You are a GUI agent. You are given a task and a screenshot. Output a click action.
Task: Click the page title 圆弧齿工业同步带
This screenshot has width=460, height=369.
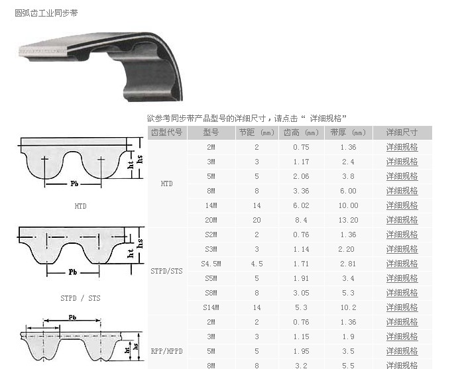(x=46, y=13)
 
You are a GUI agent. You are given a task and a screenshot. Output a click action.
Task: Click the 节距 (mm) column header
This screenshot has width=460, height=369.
(x=257, y=132)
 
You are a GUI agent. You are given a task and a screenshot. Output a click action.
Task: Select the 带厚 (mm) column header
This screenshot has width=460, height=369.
(x=348, y=132)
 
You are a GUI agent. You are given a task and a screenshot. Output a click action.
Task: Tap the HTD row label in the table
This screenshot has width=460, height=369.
(x=166, y=184)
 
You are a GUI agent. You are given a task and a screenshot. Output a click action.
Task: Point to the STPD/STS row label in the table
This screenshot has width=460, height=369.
(x=166, y=271)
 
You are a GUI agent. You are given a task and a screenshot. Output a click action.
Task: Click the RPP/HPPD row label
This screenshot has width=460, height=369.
(x=166, y=351)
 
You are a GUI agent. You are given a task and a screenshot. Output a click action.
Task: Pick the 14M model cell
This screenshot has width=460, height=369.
(x=211, y=205)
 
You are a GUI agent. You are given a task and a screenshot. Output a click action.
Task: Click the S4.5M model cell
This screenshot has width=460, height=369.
(x=211, y=264)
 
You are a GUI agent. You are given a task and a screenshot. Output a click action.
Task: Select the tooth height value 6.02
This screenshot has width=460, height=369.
(x=301, y=205)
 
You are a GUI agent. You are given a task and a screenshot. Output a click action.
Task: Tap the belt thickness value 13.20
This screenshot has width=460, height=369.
(x=348, y=220)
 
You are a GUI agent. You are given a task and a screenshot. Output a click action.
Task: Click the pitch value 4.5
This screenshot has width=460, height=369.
(x=257, y=264)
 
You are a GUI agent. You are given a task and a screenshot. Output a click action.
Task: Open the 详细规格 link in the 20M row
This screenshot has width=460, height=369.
(x=402, y=220)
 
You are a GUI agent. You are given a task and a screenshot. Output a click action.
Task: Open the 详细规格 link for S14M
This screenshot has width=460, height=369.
(x=402, y=307)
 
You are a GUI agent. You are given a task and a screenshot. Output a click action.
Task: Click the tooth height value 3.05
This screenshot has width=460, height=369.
(x=301, y=293)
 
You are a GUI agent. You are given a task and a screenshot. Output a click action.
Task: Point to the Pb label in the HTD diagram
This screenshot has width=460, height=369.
(x=74, y=184)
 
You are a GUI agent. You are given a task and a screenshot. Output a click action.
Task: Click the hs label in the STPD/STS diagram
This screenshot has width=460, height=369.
(x=140, y=243)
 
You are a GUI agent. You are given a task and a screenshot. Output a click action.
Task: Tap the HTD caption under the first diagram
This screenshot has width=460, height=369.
(x=80, y=206)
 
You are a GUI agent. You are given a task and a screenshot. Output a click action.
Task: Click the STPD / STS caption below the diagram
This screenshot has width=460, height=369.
(x=80, y=298)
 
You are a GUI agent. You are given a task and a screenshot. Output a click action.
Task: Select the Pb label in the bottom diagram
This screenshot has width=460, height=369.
(x=72, y=317)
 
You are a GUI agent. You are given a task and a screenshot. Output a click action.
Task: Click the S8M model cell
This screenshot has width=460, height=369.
(x=211, y=293)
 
